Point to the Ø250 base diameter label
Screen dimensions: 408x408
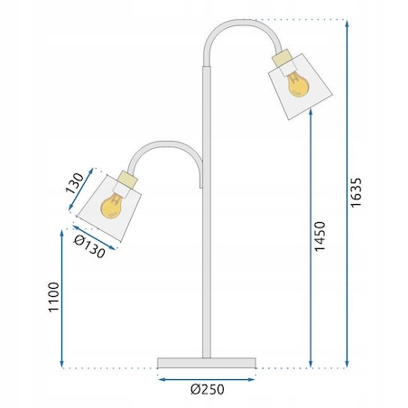click(207, 390)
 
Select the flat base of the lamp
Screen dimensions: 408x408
click(207, 363)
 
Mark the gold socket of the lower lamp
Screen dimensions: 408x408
click(127, 178)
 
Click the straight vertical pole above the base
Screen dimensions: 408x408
click(206, 271)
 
